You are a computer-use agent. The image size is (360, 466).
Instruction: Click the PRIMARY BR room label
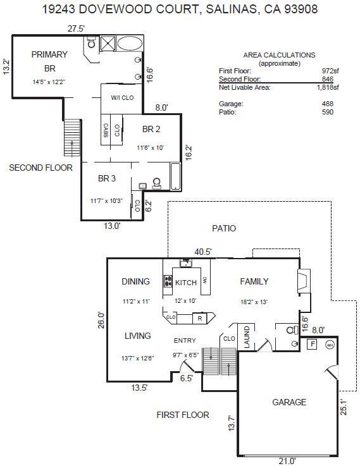coord(49,61)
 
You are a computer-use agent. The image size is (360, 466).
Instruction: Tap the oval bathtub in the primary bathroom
coord(130,44)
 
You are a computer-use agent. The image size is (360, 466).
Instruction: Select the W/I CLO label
coord(122,98)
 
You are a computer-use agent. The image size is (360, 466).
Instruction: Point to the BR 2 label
coord(151,129)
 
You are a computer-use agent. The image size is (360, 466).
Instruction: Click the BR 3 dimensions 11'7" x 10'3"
coord(106,201)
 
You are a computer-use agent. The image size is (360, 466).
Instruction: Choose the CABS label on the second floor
coord(106,130)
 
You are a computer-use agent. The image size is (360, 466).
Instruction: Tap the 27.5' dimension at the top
coord(77,28)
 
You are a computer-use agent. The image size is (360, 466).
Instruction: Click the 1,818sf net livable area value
coord(328,87)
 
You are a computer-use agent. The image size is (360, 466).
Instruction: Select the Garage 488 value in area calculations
coord(328,104)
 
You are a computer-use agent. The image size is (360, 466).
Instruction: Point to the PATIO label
coord(224,228)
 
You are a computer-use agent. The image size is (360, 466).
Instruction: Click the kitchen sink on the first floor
coord(186,263)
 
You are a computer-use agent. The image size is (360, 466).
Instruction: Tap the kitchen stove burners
coord(168,281)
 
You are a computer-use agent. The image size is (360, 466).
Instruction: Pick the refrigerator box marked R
coord(199,318)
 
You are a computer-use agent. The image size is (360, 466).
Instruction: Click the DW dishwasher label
coord(205,279)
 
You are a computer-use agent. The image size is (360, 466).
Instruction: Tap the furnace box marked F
coord(312,344)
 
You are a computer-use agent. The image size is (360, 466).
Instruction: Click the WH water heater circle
coord(330,345)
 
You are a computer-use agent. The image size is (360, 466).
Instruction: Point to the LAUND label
coord(247,337)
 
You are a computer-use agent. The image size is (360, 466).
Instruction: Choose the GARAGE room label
coord(289,402)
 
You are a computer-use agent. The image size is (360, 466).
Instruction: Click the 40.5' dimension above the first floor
coord(203,252)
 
